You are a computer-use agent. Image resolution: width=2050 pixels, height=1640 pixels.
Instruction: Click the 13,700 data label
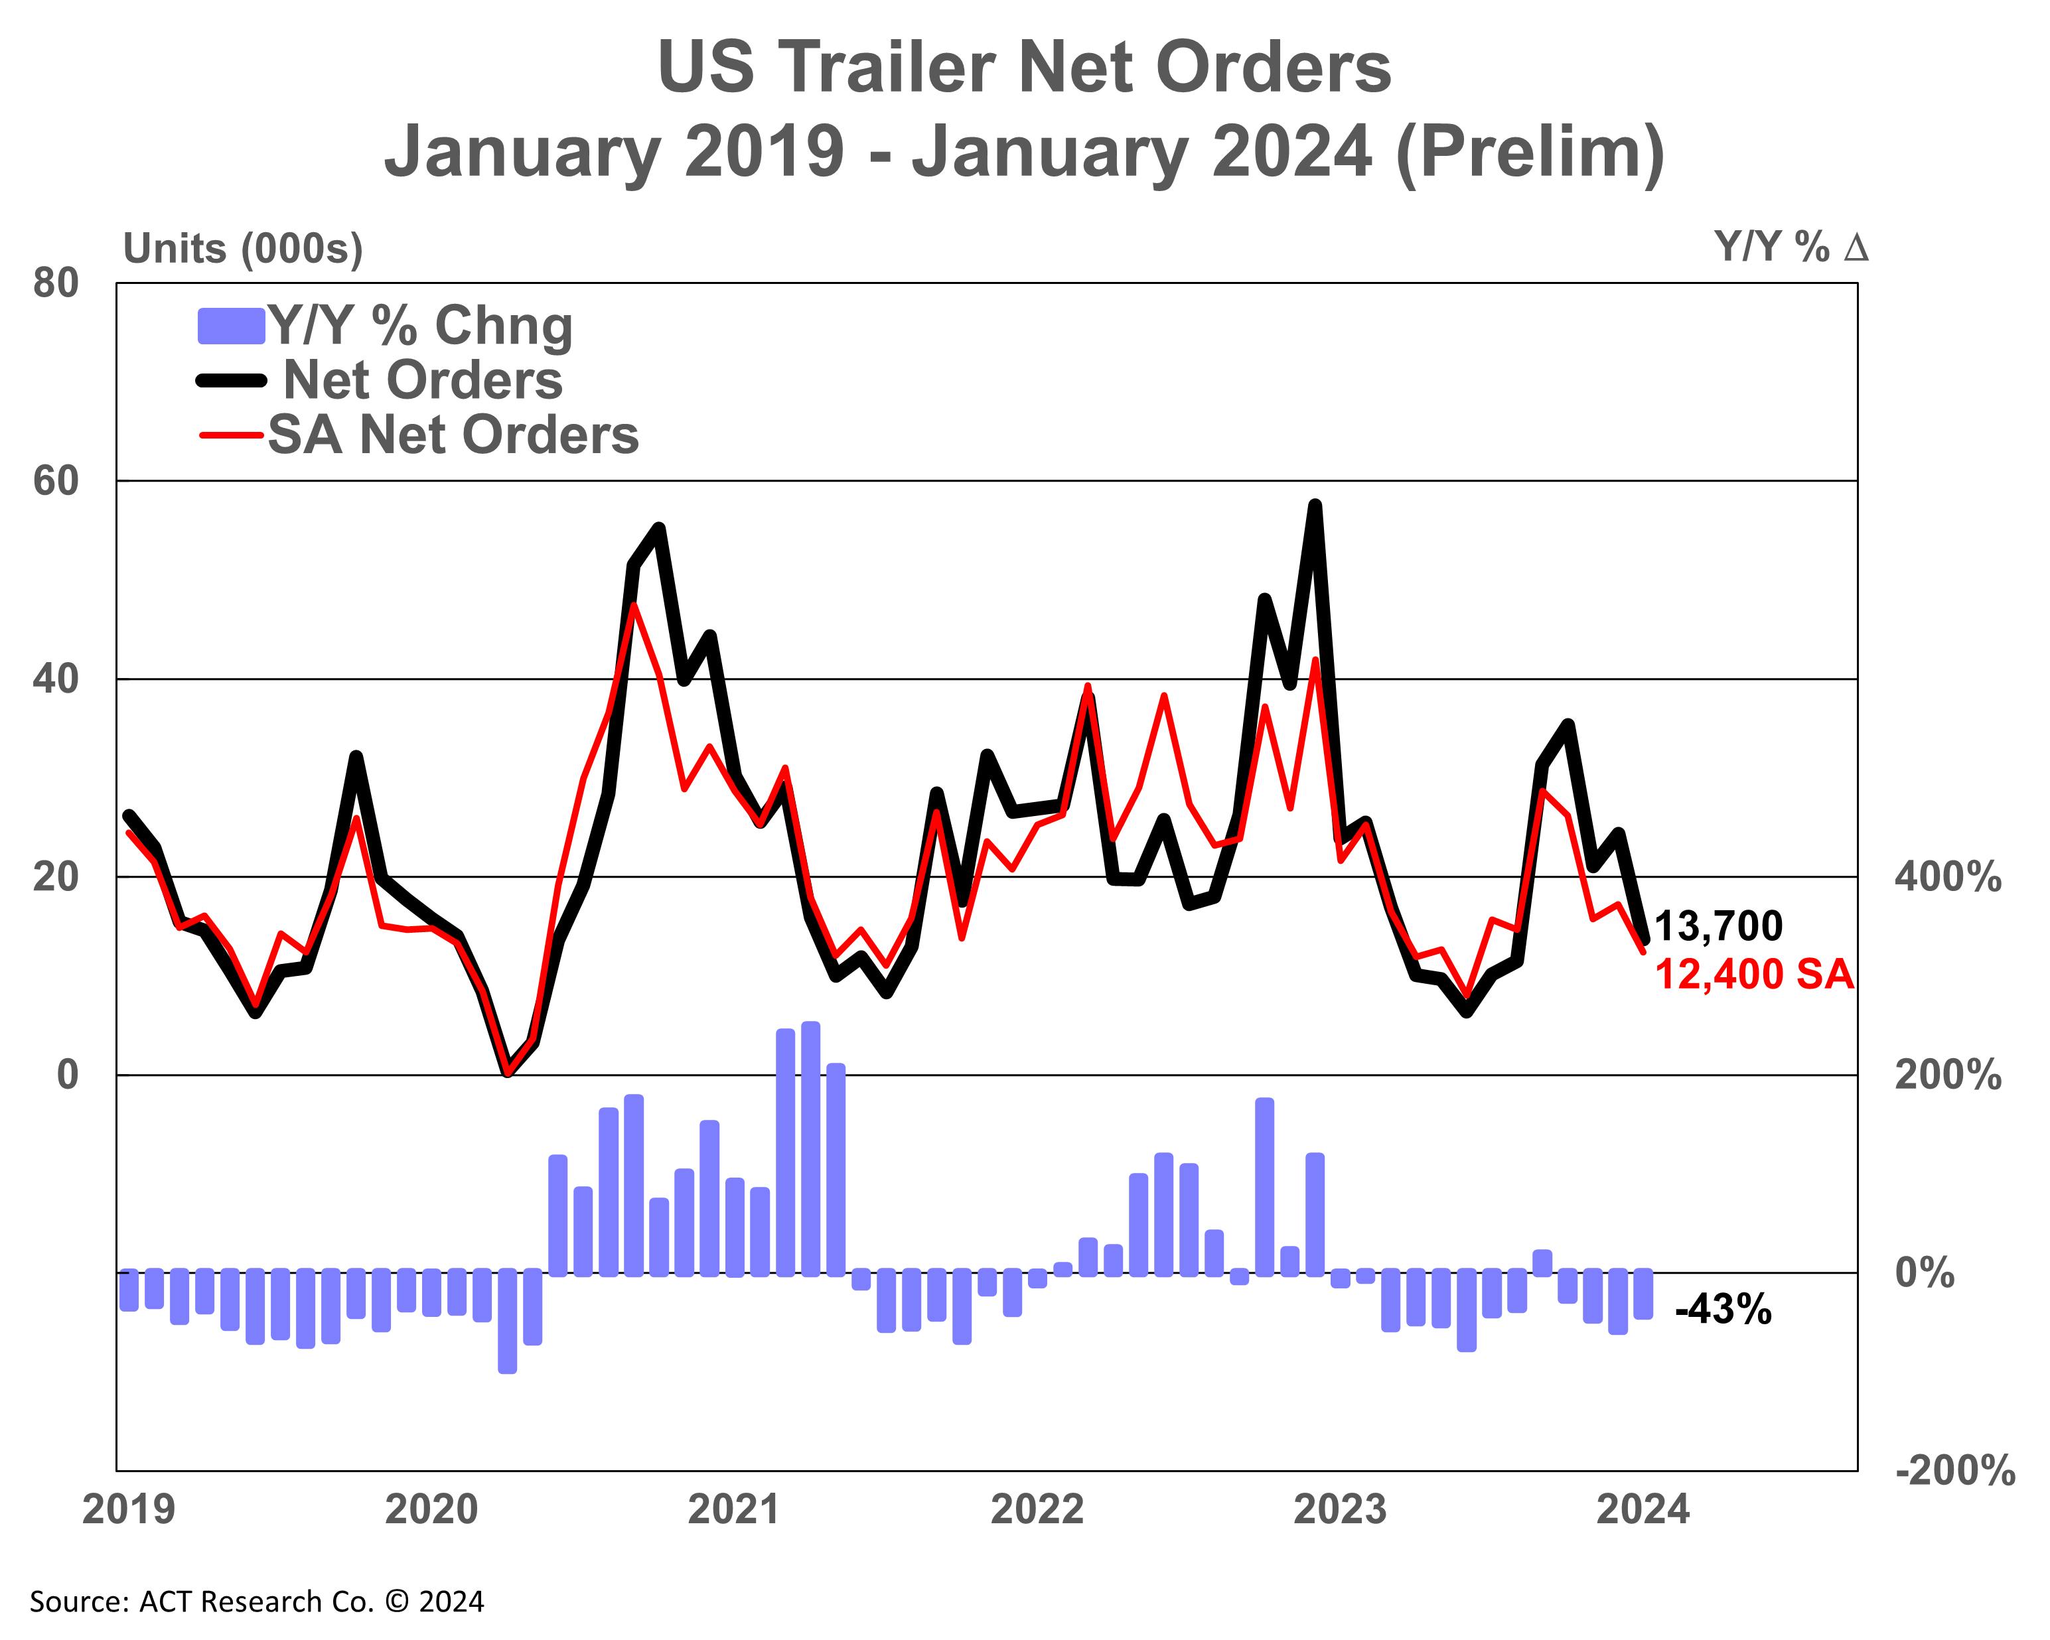coord(1719,925)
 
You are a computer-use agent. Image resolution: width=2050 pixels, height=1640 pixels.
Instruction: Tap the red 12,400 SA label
coord(1754,975)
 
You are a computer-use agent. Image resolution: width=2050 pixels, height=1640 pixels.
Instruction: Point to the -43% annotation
coord(1723,1310)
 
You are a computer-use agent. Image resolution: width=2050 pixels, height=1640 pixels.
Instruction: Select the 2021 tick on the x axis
coord(734,1509)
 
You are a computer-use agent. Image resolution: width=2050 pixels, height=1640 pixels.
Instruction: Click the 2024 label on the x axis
coord(1642,1509)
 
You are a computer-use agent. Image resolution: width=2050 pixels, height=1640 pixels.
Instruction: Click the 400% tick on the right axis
coord(1947,876)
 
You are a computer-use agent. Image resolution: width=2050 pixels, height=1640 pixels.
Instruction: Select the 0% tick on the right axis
coord(1925,1273)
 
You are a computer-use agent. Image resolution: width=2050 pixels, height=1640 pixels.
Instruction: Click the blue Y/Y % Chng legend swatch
coord(230,326)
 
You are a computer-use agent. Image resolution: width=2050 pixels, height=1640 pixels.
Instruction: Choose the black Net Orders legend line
coord(231,380)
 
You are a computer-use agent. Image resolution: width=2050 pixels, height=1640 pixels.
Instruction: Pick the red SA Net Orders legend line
coord(231,435)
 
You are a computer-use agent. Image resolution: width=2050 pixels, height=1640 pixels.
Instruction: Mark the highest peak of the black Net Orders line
coord(1315,505)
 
